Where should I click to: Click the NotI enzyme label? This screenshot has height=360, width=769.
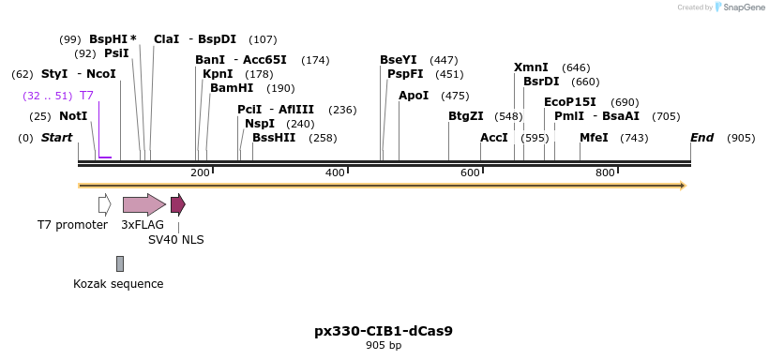[x=72, y=116]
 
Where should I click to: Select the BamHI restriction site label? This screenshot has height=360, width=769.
[x=232, y=88]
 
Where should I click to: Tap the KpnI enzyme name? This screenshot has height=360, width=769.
[x=218, y=74]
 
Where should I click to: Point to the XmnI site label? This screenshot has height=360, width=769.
[x=531, y=67]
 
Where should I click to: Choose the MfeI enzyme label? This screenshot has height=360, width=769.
[x=594, y=138]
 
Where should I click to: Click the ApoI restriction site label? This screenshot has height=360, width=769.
[x=414, y=96]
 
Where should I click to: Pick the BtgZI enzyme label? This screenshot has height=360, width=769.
[x=465, y=116]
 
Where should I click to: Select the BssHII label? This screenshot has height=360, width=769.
[x=274, y=138]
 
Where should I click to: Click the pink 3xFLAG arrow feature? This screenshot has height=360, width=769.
[x=143, y=204]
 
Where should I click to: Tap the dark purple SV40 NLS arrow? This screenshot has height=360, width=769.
[x=177, y=204]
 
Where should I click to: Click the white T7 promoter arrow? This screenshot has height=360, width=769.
[x=104, y=204]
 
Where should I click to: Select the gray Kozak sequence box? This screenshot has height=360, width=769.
[x=120, y=263]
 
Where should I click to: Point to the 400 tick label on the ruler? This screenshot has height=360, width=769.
[x=335, y=173]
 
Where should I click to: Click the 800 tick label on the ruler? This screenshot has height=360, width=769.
[x=605, y=173]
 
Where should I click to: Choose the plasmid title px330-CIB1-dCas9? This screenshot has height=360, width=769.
[x=384, y=331]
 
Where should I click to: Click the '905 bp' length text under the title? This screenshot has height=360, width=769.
[x=384, y=345]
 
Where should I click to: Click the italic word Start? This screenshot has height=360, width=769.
[x=56, y=138]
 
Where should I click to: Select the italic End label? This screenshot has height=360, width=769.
[x=701, y=138]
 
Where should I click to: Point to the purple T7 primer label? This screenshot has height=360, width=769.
[x=86, y=96]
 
